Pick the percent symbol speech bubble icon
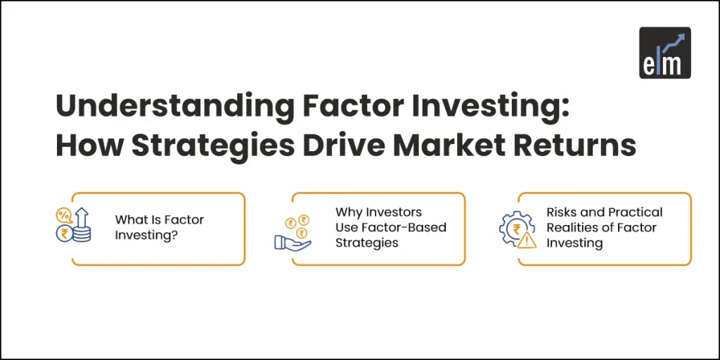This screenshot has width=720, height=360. coord(65,214)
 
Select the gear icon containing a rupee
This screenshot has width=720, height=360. coord(513,229)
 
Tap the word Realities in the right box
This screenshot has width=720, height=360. coord(570,227)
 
